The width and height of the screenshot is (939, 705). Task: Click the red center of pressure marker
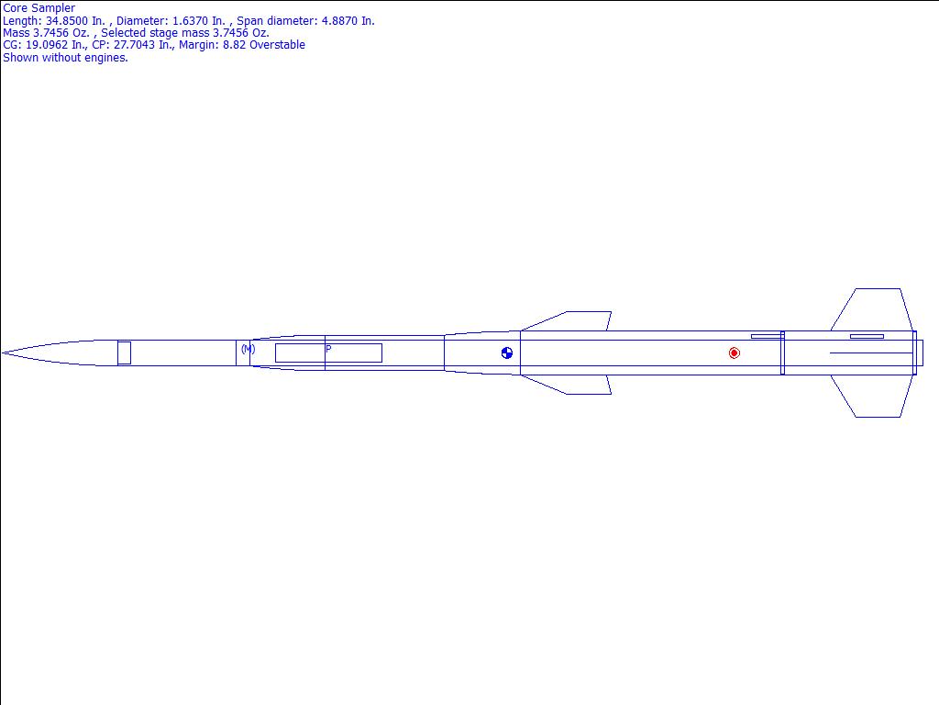click(x=735, y=353)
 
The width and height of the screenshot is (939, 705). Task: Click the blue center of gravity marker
click(x=506, y=353)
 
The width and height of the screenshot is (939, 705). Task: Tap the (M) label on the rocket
click(x=248, y=348)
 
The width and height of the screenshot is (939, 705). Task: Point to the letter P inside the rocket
click(x=328, y=348)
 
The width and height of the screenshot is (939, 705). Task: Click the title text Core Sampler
click(x=39, y=7)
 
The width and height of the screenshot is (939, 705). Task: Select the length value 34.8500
click(x=67, y=20)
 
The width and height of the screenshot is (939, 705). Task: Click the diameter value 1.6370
click(x=190, y=20)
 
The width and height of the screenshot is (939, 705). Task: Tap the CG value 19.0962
click(x=47, y=45)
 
